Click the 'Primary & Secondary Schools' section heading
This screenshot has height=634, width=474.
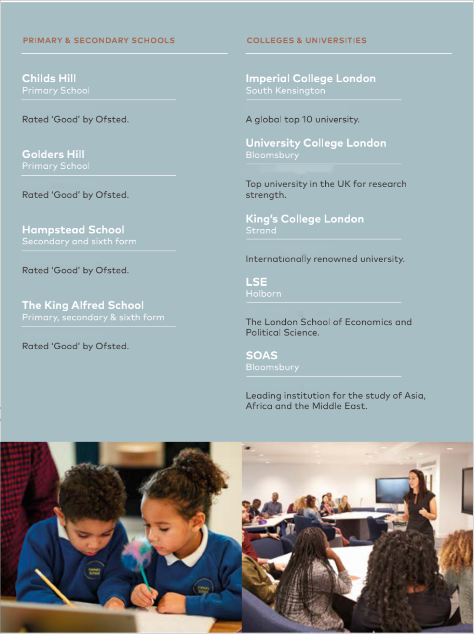[99, 41]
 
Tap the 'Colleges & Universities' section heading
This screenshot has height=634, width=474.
[306, 41]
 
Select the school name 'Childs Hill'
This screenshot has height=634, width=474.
[49, 78]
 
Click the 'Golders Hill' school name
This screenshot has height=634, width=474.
[53, 154]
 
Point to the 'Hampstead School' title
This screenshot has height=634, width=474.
[73, 230]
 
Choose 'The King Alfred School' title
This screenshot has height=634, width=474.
[83, 305]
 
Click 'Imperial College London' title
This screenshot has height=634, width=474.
[311, 78]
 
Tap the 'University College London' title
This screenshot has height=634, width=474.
[316, 143]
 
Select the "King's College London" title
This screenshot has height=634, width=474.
[305, 219]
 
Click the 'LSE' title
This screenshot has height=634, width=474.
[256, 282]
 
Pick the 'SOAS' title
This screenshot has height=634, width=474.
[262, 355]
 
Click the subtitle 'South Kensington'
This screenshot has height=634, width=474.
[285, 91]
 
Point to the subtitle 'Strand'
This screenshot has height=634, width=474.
[261, 231]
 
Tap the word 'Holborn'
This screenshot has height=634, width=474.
[264, 294]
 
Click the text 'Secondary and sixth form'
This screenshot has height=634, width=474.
[79, 241]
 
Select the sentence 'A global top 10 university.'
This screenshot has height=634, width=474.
[303, 120]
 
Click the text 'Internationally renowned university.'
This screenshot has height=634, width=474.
[325, 259]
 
